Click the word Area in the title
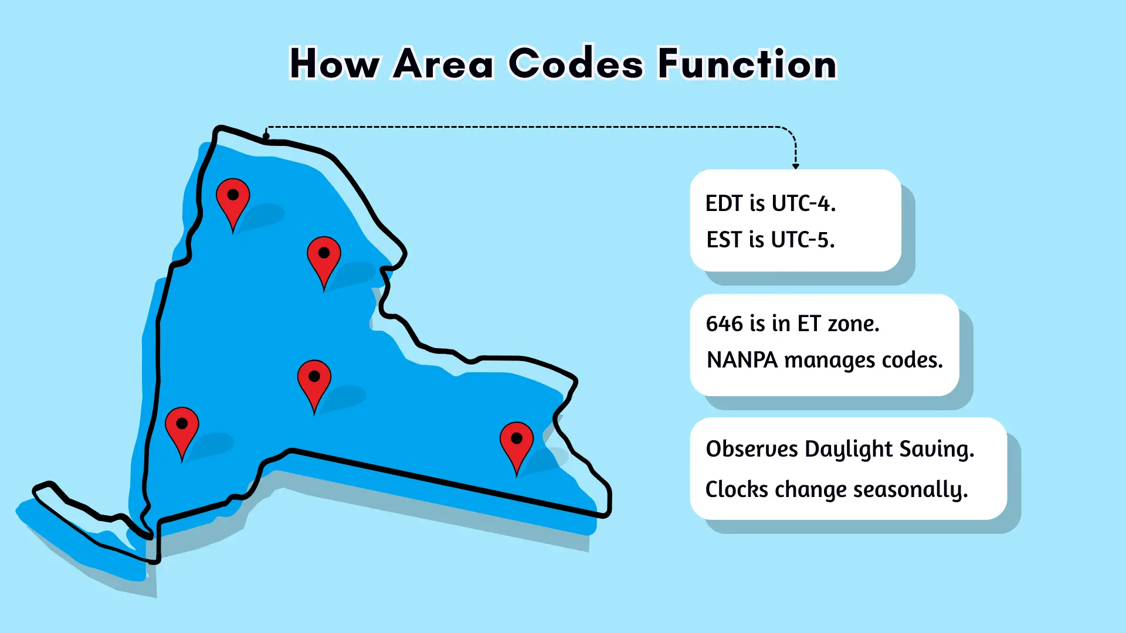click(443, 63)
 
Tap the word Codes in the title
click(576, 63)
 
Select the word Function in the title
click(747, 63)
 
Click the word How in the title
click(334, 63)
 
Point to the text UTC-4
click(803, 203)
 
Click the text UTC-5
click(803, 240)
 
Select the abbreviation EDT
click(724, 203)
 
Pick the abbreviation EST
click(724, 240)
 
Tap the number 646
click(725, 324)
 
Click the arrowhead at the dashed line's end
click(796, 166)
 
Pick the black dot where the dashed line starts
click(266, 136)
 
